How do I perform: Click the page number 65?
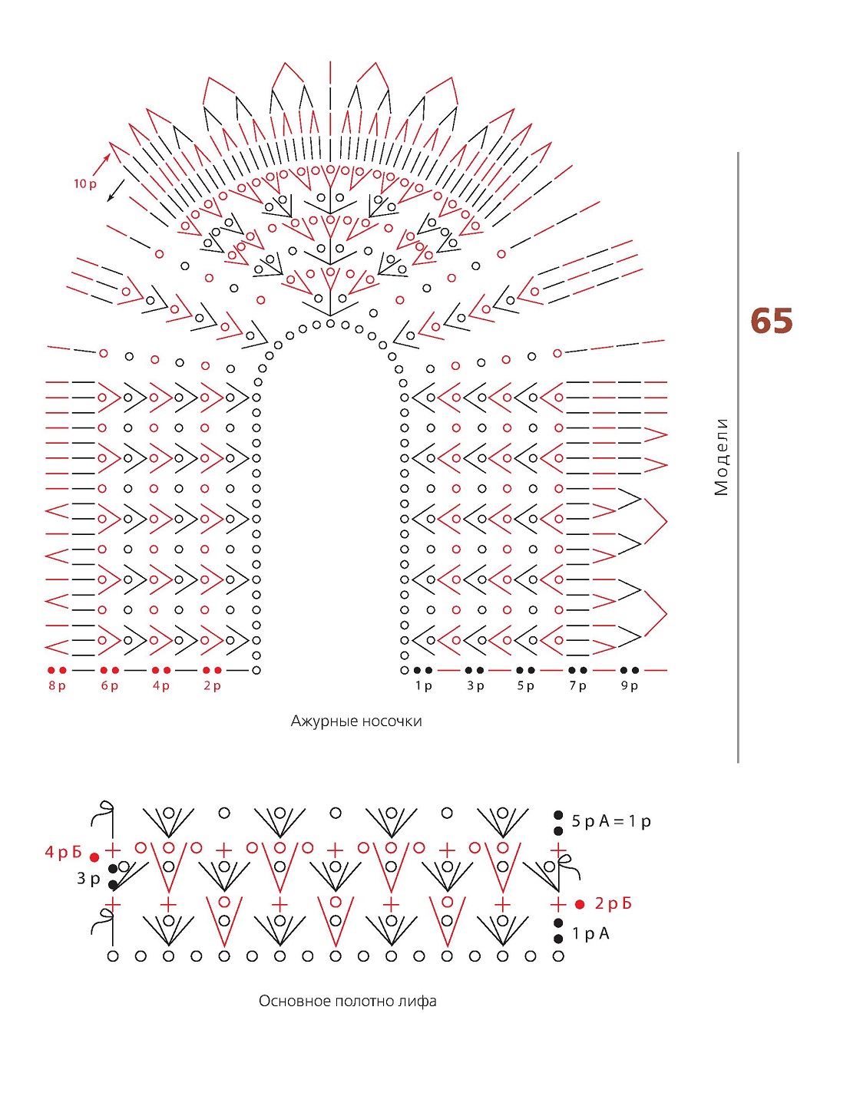[x=770, y=321]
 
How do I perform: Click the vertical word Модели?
[x=721, y=457]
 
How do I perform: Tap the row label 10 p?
[x=85, y=184]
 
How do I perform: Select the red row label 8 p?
[x=57, y=685]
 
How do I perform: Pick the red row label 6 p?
[x=110, y=685]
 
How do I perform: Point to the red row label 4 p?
[x=161, y=685]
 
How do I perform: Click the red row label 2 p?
[x=212, y=685]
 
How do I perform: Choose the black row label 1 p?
[x=424, y=685]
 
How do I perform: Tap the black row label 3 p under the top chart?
[x=476, y=685]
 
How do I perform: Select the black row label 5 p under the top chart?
[x=526, y=685]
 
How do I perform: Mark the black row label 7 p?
[x=577, y=685]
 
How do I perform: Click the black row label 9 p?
[x=630, y=685]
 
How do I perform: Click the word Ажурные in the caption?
[x=324, y=721]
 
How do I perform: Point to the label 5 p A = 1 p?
[x=611, y=821]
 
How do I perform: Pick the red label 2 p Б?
[x=614, y=904]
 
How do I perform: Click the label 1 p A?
[x=590, y=933]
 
